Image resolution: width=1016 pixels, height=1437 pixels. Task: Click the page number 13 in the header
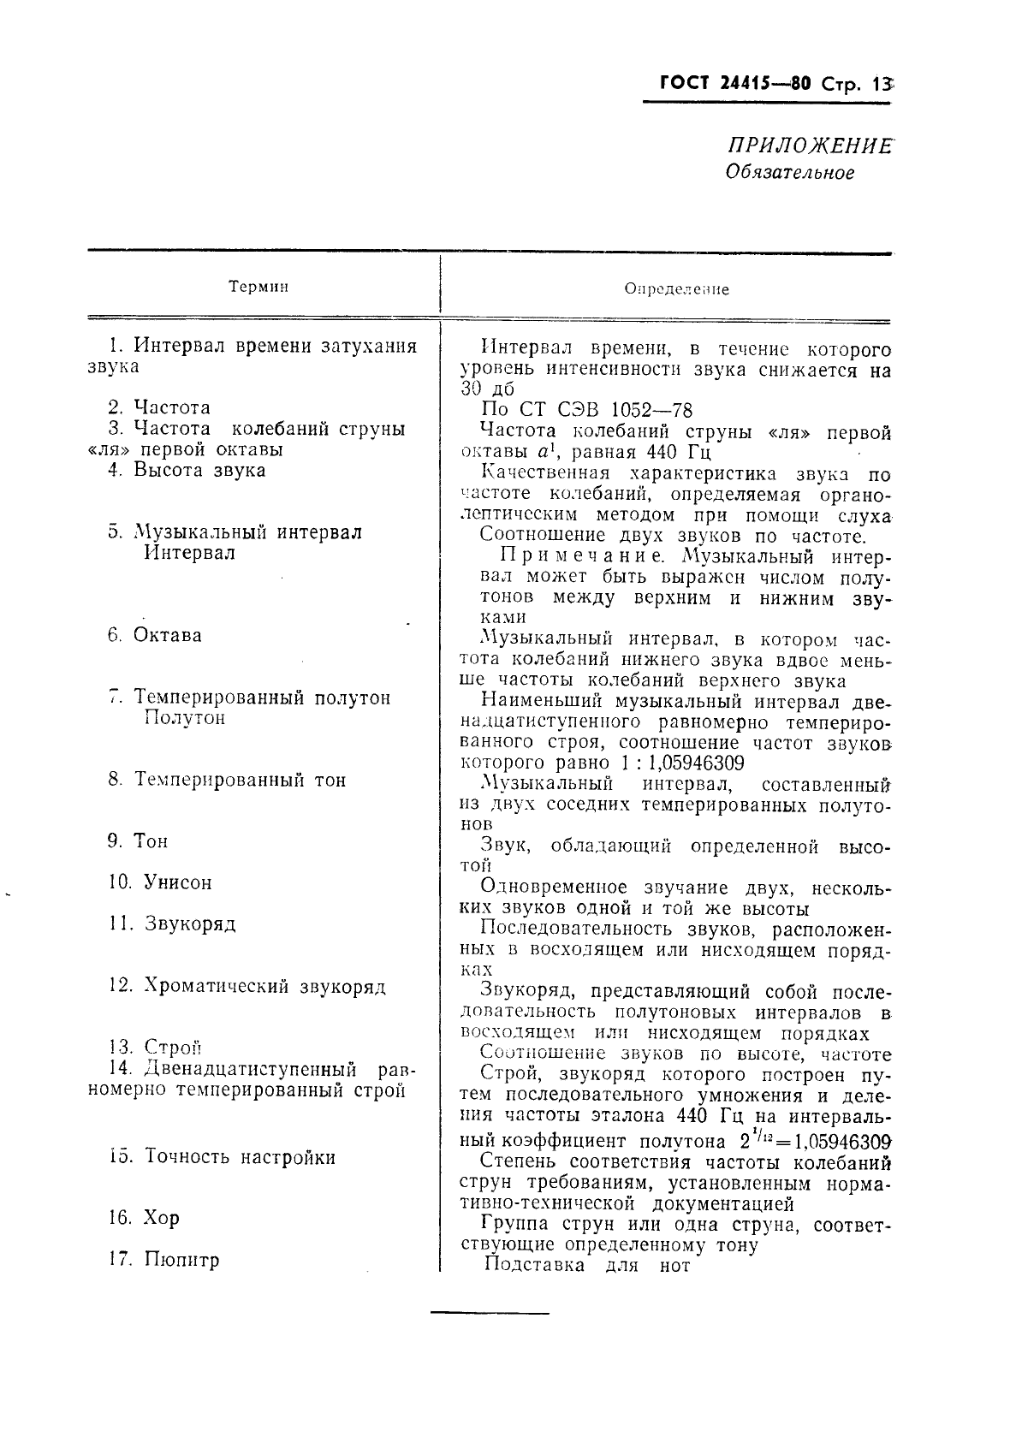tap(881, 84)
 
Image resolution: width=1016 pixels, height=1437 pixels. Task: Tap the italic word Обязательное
tap(789, 172)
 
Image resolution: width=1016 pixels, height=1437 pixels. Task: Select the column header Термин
tap(258, 287)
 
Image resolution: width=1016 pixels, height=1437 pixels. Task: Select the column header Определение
tap(676, 289)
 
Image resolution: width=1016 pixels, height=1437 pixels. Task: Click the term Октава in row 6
tap(168, 635)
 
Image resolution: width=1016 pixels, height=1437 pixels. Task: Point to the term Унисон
tap(177, 882)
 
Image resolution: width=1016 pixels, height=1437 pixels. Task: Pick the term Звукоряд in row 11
tap(189, 923)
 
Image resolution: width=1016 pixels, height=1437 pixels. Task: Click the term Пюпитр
tap(181, 1259)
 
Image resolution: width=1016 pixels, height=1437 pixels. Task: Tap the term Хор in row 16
tap(162, 1217)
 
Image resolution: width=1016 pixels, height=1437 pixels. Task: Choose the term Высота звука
tap(199, 470)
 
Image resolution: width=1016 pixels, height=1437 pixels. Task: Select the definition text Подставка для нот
tap(587, 1264)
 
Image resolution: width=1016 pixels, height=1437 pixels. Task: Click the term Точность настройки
tap(240, 1156)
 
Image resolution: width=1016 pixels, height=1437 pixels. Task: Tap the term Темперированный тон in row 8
tap(240, 780)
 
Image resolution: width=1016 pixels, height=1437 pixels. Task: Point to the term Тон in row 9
tap(151, 840)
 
